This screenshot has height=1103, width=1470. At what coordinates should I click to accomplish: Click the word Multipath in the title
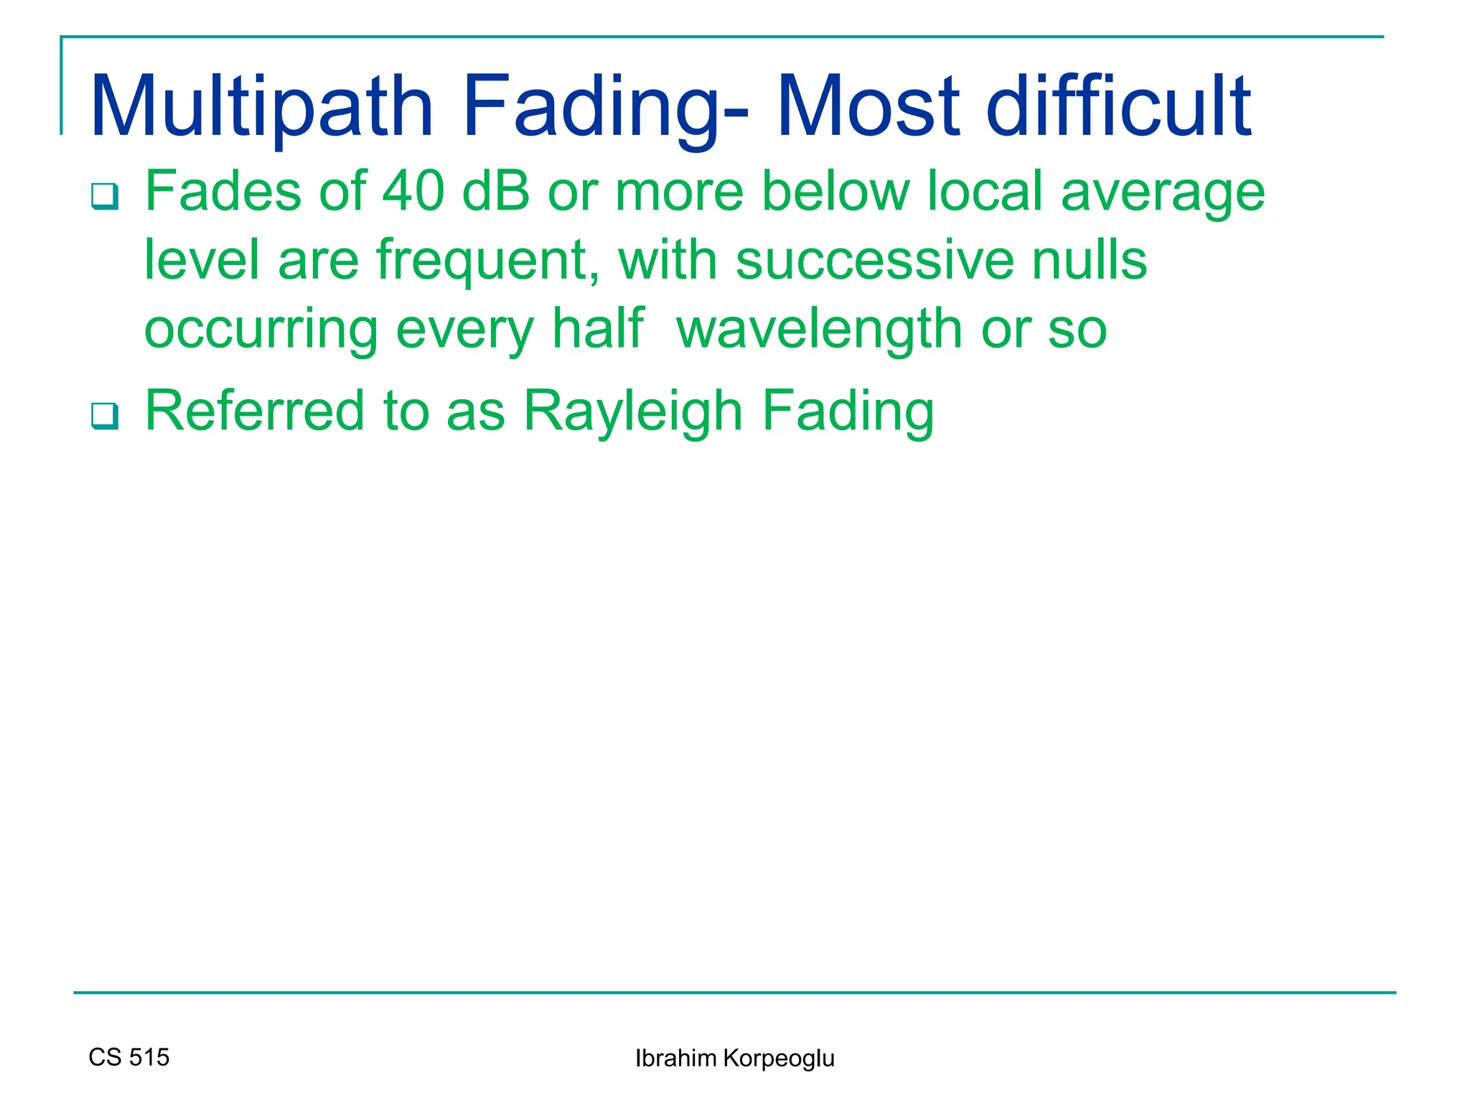click(261, 108)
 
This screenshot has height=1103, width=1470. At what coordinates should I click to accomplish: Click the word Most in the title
click(868, 108)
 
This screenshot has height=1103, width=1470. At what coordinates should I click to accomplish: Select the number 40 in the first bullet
click(413, 192)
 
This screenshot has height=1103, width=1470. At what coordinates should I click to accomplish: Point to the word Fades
click(223, 192)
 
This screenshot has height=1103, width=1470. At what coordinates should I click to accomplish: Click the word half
click(597, 329)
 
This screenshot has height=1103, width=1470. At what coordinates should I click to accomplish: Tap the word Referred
click(255, 411)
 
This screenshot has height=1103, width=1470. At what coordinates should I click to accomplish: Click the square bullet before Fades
click(105, 196)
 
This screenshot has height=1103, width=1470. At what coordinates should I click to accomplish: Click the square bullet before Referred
click(105, 416)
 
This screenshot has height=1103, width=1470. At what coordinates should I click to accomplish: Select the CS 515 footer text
click(129, 1057)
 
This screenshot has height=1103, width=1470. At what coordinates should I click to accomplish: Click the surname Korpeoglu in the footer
click(779, 1059)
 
